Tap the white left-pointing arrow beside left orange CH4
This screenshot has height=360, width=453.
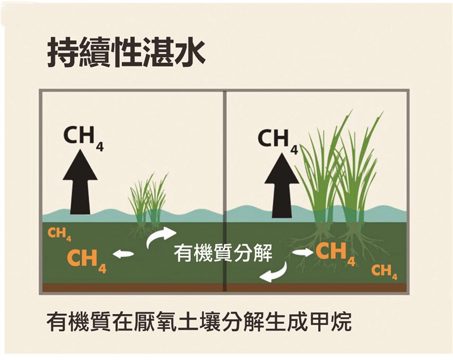coord(123,254)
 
